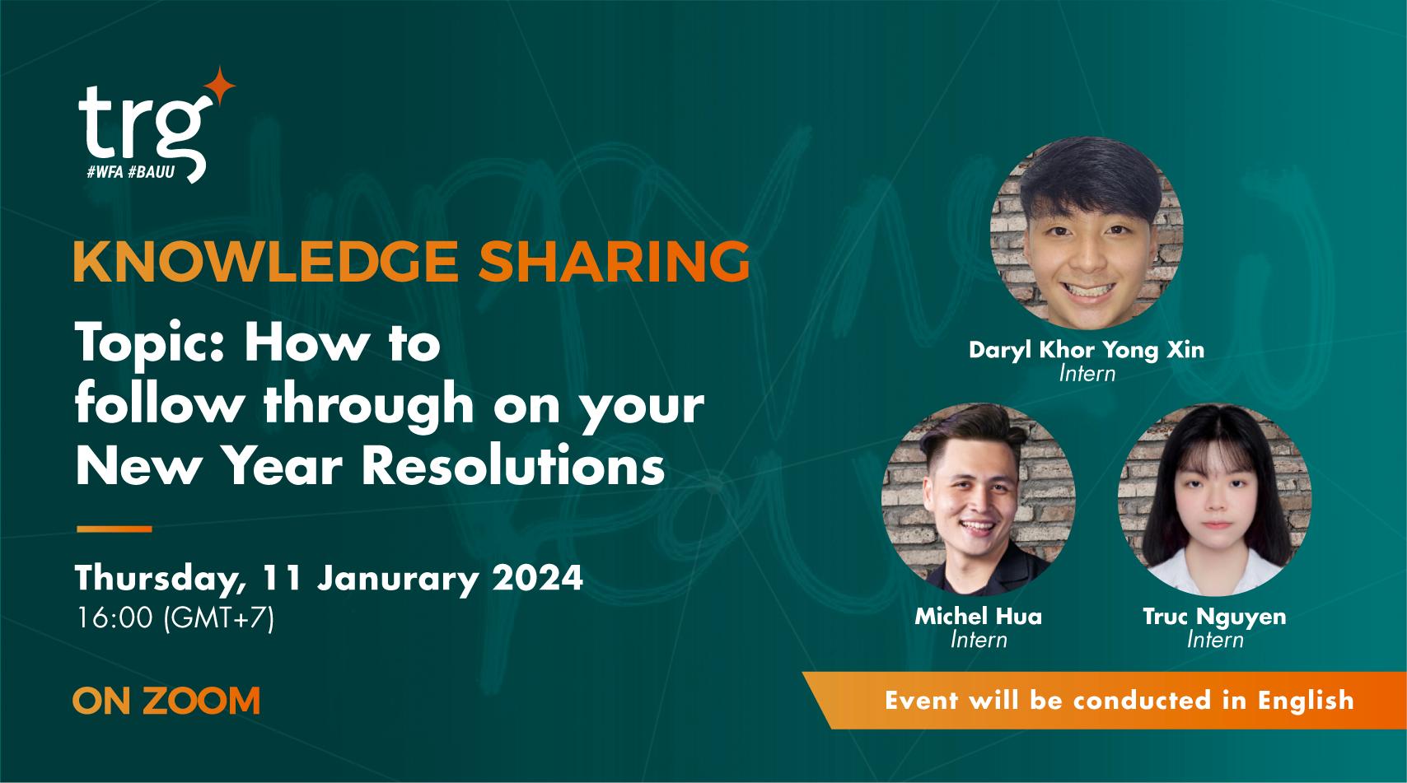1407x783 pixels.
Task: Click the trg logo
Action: point(140,128)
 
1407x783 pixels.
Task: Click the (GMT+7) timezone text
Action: point(219,618)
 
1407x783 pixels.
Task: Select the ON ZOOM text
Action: point(166,701)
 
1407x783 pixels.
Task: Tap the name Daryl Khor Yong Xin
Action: point(1086,350)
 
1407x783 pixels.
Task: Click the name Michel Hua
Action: point(978,617)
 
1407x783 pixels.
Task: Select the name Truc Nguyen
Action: point(1214,617)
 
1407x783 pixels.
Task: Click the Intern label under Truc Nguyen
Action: point(1214,640)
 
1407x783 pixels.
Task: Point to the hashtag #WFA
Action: point(105,173)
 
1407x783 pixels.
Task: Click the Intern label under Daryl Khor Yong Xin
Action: point(1087,374)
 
